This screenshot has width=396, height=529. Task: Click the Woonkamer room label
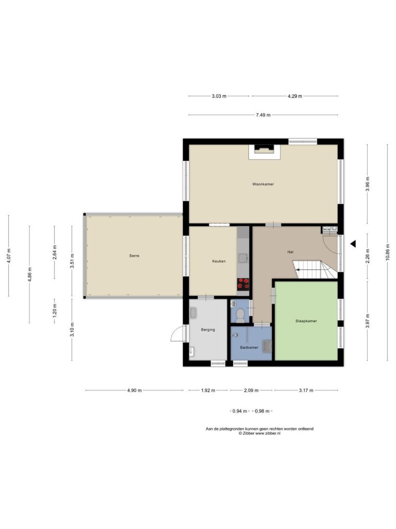[263, 184]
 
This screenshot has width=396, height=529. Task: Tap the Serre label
[134, 256]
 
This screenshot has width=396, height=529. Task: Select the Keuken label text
[219, 261]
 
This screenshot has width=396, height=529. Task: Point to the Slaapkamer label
[306, 321]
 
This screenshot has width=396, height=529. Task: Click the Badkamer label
[249, 347]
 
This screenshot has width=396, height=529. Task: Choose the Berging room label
[208, 330]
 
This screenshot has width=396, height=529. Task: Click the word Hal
[290, 252]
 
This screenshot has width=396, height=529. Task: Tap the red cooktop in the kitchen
[243, 284]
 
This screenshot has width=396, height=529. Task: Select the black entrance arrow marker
[353, 243]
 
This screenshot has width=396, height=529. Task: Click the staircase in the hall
[315, 269]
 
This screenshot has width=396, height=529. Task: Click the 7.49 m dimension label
[263, 115]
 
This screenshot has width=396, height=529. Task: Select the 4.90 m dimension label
[134, 390]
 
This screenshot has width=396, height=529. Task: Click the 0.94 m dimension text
[239, 411]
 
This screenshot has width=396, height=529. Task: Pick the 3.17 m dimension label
[306, 390]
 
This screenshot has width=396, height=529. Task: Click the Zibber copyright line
[259, 433]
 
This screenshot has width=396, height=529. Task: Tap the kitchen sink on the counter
[243, 258]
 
